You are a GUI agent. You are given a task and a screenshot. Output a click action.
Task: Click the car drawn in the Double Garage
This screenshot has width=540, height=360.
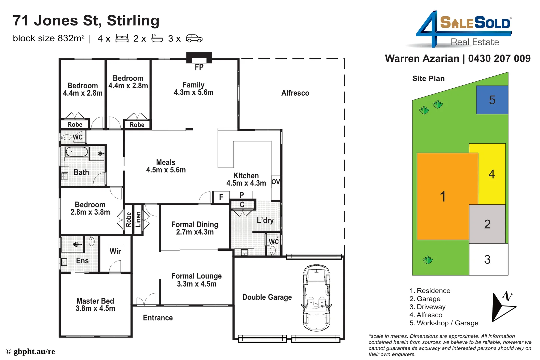(x=316, y=298)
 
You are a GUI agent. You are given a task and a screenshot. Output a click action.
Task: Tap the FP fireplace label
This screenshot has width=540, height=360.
(x=199, y=67)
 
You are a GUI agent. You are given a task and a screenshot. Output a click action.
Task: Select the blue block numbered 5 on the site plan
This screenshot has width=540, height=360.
(x=492, y=100)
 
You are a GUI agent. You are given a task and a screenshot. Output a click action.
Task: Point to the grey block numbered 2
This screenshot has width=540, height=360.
(x=487, y=224)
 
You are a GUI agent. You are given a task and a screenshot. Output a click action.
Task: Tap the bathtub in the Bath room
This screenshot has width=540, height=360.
(x=77, y=152)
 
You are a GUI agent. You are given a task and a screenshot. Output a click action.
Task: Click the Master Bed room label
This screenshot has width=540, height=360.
(x=95, y=305)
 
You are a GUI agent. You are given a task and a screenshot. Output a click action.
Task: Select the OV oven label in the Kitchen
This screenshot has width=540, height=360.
(x=276, y=182)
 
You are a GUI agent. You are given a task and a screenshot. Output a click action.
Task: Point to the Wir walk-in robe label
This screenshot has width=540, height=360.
(x=115, y=251)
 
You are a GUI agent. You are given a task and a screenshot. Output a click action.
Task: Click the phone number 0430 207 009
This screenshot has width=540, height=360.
(x=499, y=59)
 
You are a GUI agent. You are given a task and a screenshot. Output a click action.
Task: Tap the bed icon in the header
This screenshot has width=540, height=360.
(x=122, y=38)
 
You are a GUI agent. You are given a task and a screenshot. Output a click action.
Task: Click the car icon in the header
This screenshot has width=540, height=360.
(x=194, y=39)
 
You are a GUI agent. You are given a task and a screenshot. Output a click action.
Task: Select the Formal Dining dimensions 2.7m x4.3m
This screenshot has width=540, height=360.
(x=195, y=232)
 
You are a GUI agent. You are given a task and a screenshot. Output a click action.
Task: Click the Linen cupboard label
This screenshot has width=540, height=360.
(x=138, y=219)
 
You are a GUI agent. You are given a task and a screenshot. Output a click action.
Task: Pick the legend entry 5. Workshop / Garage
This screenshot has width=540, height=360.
(x=444, y=323)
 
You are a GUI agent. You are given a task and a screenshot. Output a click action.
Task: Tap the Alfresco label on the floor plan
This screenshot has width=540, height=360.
(x=295, y=93)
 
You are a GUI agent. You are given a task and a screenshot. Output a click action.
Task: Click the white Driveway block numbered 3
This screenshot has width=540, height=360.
(x=488, y=259)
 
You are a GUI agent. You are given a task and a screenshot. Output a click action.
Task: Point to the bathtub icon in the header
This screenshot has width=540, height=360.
(x=157, y=38)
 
